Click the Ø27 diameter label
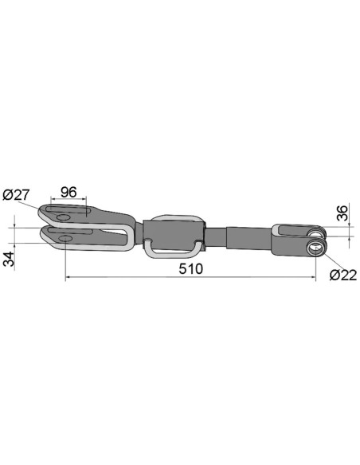(17, 195)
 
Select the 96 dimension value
(68, 192)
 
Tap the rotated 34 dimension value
(10, 259)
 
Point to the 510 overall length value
(191, 268)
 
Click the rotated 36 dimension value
(342, 213)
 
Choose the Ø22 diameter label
(343, 275)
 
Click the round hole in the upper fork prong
(65, 218)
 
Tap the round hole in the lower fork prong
(65, 238)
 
